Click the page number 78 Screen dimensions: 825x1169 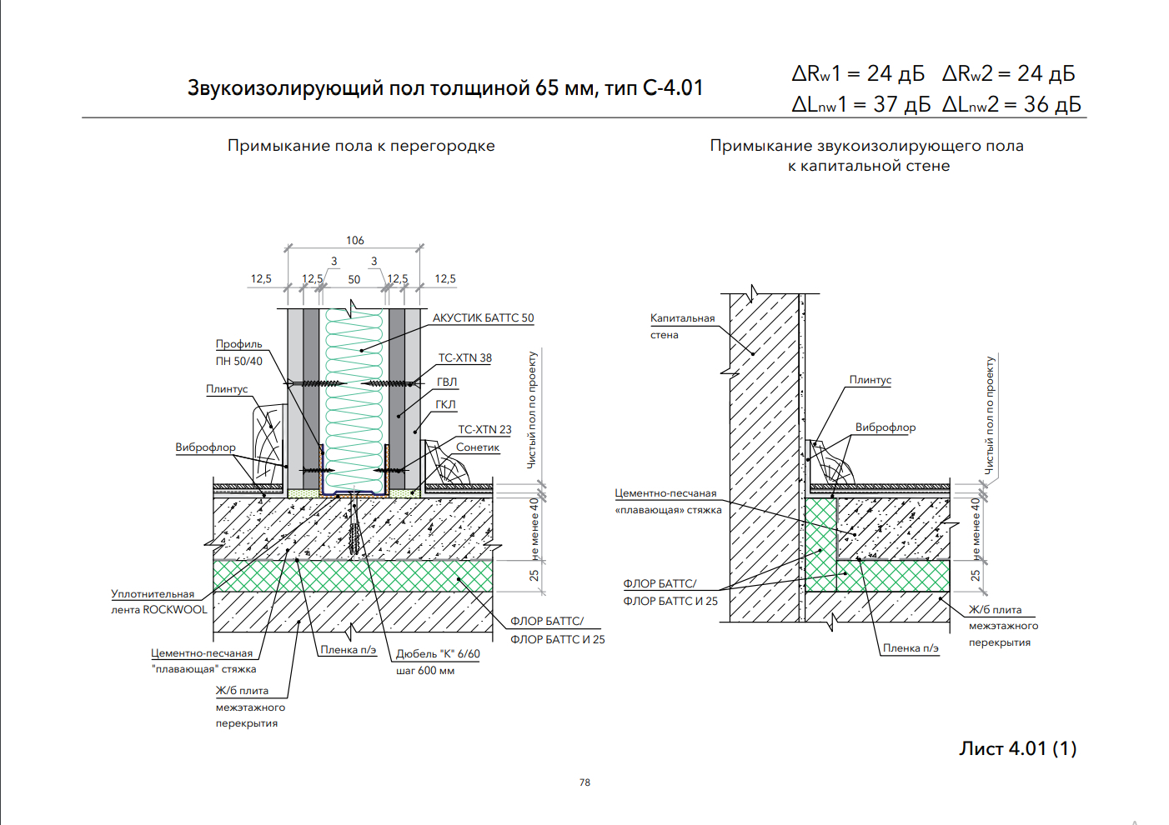[x=584, y=782]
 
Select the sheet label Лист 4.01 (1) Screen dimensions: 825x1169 [x=1017, y=748]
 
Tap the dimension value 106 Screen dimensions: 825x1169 [x=355, y=241]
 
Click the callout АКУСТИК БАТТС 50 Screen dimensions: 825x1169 [x=483, y=318]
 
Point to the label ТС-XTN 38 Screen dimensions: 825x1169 [x=465, y=358]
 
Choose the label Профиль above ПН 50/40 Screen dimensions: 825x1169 [x=238, y=344]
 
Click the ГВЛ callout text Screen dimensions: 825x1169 [x=447, y=382]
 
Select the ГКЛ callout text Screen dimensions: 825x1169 [x=446, y=405]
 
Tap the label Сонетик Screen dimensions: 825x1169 [x=478, y=447]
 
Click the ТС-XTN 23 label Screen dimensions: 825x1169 [x=484, y=430]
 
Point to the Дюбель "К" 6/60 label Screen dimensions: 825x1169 [x=438, y=654]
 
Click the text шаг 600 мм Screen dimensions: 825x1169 [x=425, y=671]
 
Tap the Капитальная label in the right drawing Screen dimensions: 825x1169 [x=682, y=318]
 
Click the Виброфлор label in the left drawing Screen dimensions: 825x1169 [x=205, y=447]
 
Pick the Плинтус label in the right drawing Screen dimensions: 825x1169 [x=870, y=380]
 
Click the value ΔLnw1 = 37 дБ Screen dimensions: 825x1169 [x=860, y=105]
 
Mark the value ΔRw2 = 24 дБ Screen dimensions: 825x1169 [x=1008, y=74]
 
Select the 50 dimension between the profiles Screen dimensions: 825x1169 [x=354, y=280]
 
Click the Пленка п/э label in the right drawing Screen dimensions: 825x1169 [x=911, y=648]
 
